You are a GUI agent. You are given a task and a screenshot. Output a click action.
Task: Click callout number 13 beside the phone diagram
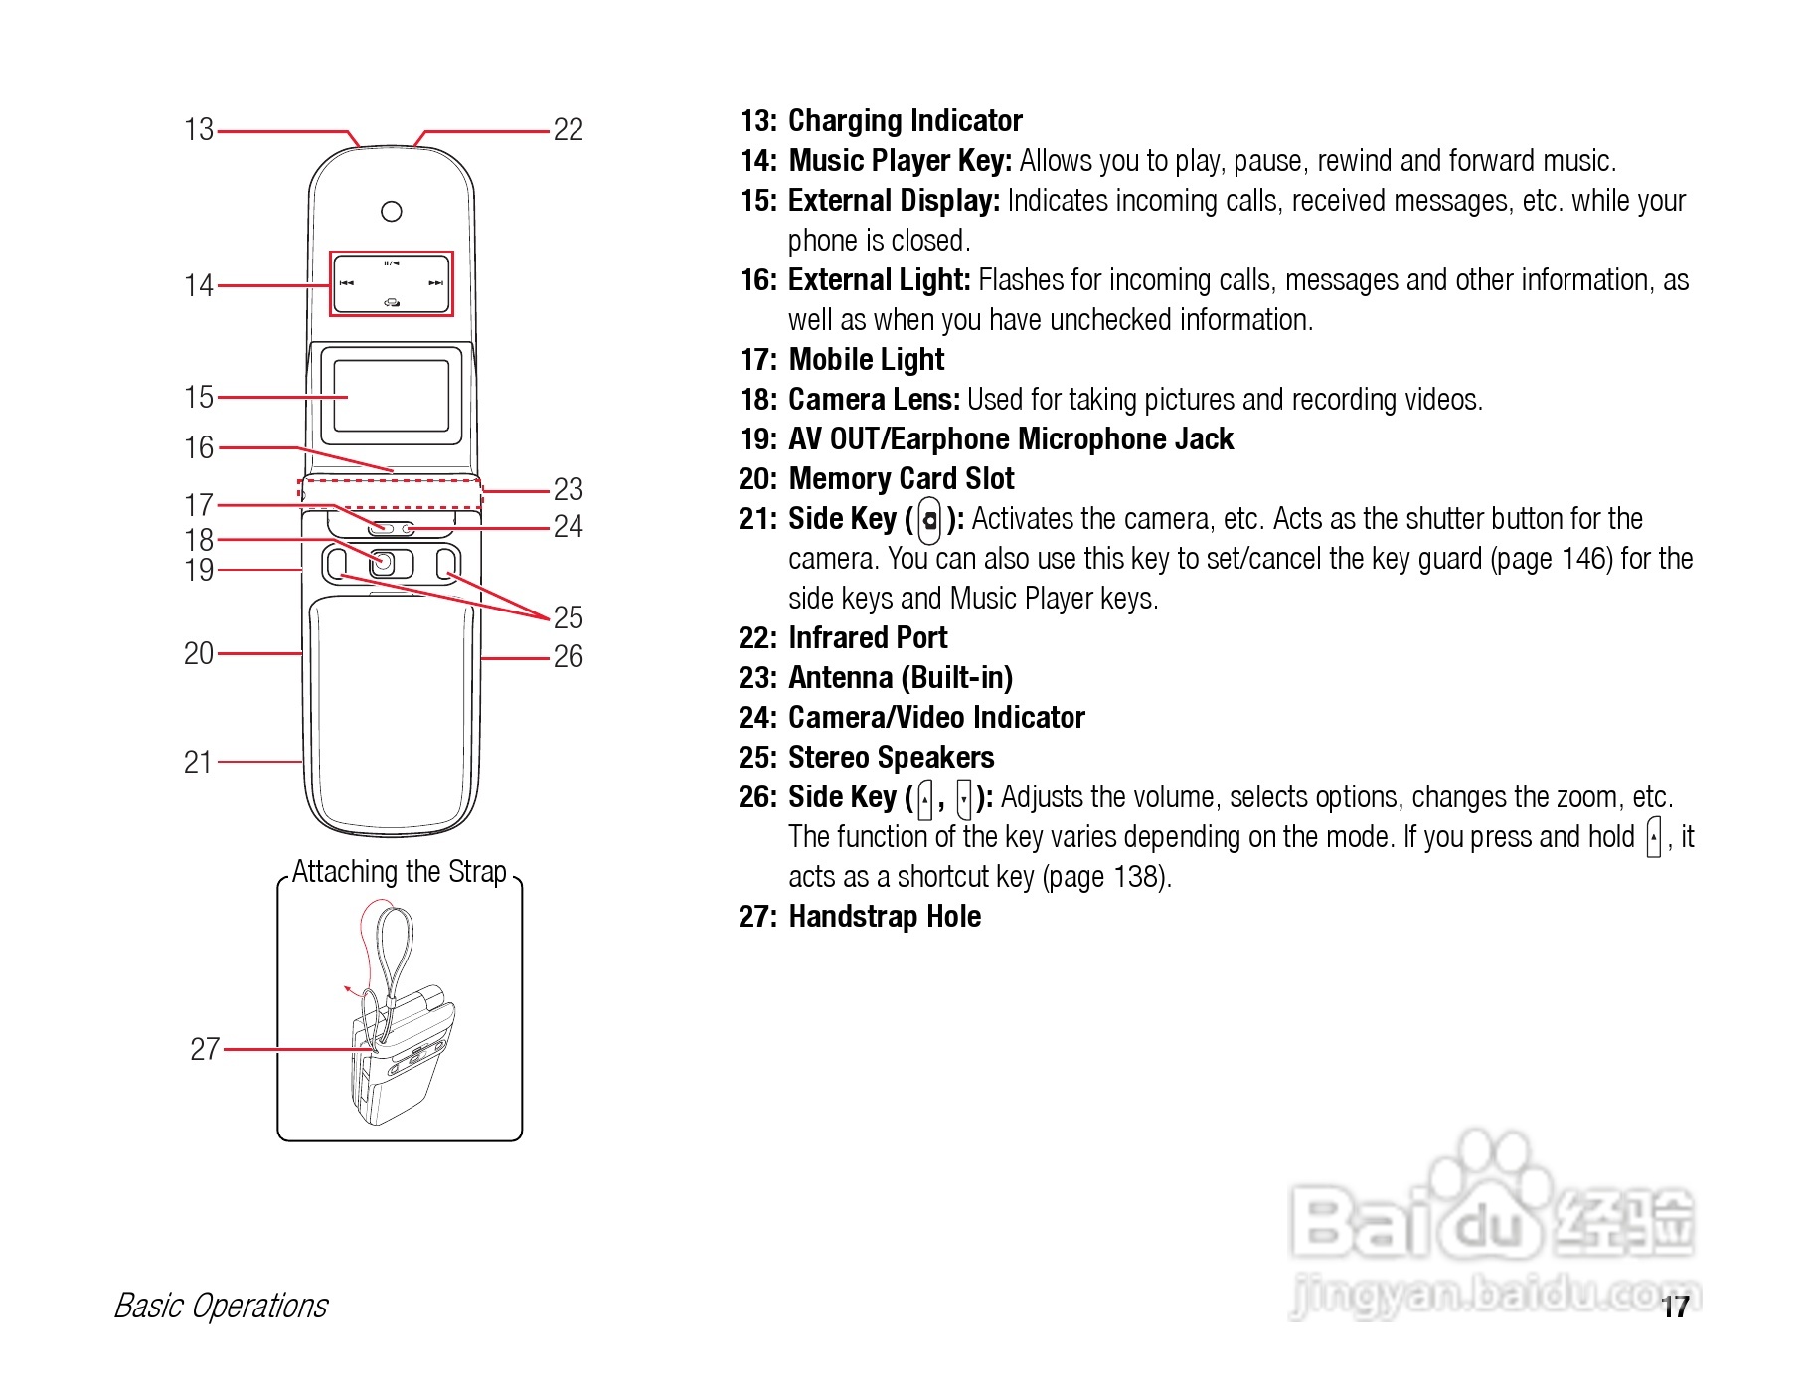[199, 129]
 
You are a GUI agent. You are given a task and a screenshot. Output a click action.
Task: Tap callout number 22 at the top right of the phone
[568, 129]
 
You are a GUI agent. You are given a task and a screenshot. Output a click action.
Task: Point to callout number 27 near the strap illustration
[205, 1048]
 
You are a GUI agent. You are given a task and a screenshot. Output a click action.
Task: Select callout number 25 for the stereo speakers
[568, 617]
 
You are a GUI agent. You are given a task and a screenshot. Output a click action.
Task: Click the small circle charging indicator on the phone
[392, 211]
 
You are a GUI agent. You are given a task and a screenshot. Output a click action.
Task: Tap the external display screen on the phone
[392, 396]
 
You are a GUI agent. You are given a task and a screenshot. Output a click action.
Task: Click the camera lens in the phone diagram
[384, 564]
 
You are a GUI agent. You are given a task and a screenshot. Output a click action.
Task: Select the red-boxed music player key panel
[392, 284]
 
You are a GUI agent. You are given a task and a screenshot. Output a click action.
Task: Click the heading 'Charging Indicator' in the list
[905, 121]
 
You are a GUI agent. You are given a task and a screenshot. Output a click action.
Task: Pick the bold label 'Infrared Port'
[867, 638]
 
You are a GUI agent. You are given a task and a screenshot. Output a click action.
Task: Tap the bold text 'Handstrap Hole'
[884, 917]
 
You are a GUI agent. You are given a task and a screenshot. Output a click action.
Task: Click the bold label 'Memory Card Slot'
[901, 479]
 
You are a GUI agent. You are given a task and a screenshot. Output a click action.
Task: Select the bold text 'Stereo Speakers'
[891, 758]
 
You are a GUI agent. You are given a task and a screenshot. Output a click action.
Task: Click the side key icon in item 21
[929, 519]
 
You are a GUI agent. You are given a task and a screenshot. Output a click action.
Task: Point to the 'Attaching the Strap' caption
[400, 872]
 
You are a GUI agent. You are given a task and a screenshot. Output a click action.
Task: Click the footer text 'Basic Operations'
[221, 1306]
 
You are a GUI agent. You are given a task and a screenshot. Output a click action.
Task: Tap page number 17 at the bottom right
[1675, 1307]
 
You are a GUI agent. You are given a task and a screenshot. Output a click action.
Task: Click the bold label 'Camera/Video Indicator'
[935, 718]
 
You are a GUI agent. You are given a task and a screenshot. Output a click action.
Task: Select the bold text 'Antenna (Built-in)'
[900, 678]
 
